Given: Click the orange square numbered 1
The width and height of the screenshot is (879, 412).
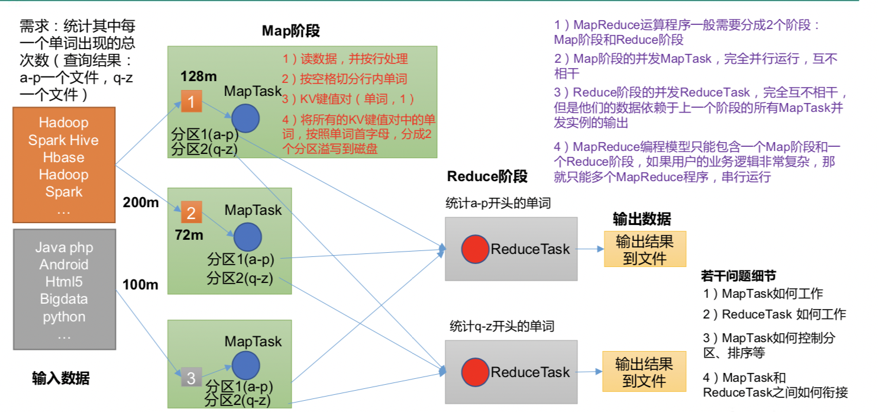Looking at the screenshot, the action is pos(192,101).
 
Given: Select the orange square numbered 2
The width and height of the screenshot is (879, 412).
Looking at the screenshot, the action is pos(192,213).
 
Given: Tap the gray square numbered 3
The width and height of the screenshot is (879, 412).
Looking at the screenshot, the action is pos(191,378).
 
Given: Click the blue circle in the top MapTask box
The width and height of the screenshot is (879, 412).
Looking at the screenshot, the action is pos(245,118).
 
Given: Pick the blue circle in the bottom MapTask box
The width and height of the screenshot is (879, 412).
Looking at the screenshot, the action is pos(245,365).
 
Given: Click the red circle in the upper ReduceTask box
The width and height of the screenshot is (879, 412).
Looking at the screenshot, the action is pos(475,249).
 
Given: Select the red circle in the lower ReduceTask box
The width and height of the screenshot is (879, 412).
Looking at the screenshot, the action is pos(475,372).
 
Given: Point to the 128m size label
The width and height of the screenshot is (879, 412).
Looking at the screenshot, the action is pos(199,76).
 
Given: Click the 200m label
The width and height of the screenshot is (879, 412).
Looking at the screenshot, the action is pos(141,202).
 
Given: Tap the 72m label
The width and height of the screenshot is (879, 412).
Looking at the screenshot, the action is pos(189,235).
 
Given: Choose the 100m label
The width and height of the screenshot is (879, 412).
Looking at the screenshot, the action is pos(140,284).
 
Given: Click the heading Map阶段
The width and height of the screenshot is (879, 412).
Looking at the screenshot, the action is pos(291,31).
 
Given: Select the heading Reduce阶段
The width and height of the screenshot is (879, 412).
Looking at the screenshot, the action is pos(487,176).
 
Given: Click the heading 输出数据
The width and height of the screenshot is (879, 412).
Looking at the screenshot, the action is pos(642,219).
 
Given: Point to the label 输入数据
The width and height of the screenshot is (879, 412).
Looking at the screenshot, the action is pos(61,378).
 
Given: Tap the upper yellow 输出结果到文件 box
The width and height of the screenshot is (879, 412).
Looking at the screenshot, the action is pos(645,249).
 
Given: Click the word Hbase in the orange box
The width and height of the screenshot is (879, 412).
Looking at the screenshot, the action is pos(63,157).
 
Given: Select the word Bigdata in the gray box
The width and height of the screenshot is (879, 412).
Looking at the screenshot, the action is pos(64,299).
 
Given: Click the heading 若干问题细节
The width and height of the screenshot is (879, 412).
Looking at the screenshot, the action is pos(739,276).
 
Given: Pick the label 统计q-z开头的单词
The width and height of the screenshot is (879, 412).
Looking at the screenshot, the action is pos(502,326).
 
